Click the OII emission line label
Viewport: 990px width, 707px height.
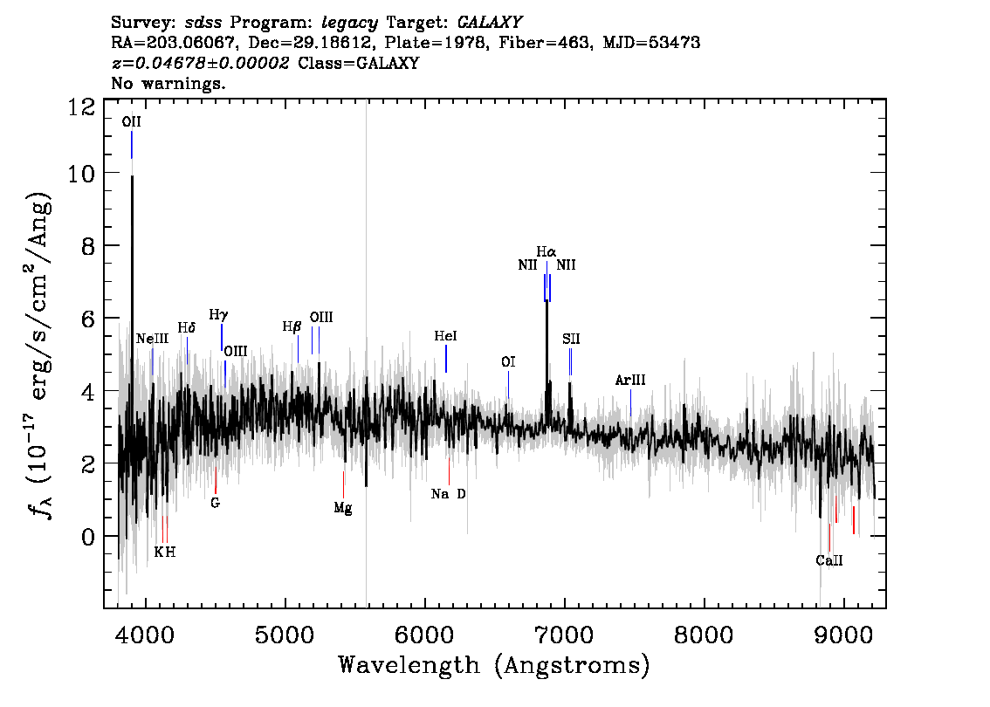click(131, 122)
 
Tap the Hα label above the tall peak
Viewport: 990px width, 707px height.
click(547, 252)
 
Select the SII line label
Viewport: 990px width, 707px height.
click(571, 339)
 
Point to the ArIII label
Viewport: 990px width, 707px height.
click(630, 380)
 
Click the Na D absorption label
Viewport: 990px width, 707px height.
click(448, 494)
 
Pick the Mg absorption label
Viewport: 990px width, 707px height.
click(343, 508)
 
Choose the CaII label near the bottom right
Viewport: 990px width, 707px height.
click(829, 560)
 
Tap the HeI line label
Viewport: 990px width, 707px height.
click(445, 336)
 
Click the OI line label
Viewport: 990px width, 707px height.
click(508, 361)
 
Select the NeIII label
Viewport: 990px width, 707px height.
click(152, 339)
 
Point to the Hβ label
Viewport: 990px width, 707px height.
click(292, 327)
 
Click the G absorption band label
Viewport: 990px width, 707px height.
click(216, 503)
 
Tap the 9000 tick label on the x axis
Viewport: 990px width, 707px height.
click(842, 634)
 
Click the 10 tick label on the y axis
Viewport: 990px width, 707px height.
click(81, 173)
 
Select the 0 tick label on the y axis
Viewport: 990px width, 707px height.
click(88, 537)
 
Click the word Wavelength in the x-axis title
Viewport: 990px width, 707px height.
click(409, 665)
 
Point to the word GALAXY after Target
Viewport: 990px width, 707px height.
click(490, 23)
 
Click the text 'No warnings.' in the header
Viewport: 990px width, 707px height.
click(168, 83)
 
